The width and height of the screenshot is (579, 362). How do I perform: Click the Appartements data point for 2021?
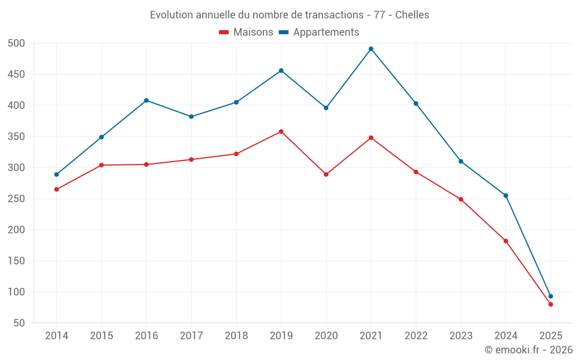click(371, 49)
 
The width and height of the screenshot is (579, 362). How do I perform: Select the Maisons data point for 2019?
click(281, 131)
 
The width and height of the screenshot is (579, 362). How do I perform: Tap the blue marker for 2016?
click(146, 100)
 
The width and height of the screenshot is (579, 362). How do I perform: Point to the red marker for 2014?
click(57, 189)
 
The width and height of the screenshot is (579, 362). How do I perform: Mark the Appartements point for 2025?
click(551, 297)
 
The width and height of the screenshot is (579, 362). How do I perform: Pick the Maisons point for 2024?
click(506, 241)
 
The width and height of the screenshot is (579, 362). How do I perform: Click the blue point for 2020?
click(326, 108)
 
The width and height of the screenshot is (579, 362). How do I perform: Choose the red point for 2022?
click(416, 172)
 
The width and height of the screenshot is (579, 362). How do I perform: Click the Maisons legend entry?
click(246, 32)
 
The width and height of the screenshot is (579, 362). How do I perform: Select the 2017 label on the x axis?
click(191, 336)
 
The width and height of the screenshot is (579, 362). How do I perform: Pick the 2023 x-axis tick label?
click(461, 336)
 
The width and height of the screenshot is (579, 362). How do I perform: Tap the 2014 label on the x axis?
click(57, 336)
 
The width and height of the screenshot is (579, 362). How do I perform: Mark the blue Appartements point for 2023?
click(461, 161)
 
